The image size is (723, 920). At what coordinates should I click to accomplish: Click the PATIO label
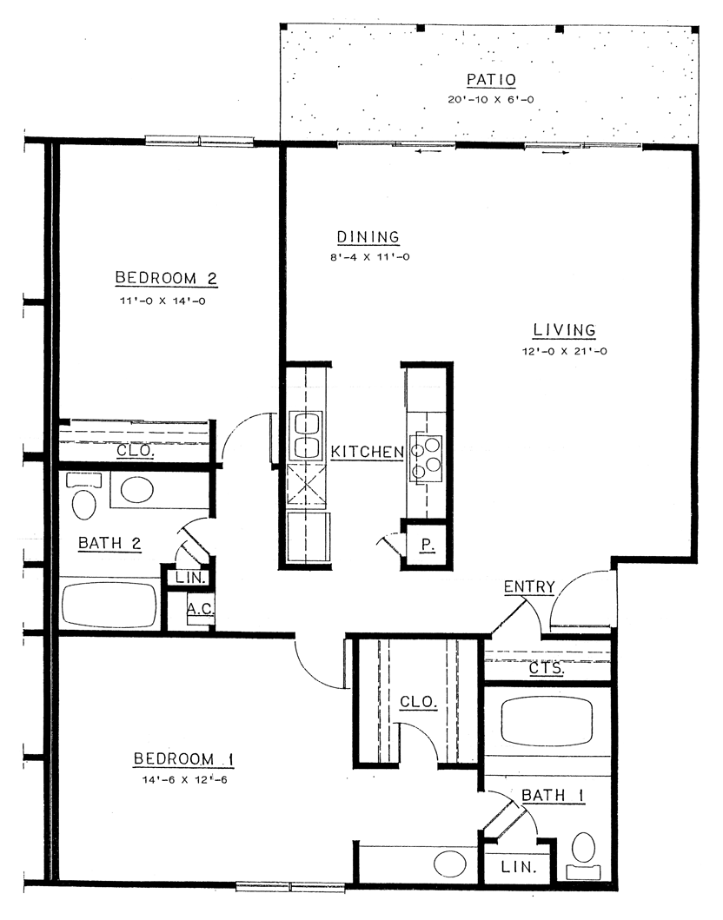491,79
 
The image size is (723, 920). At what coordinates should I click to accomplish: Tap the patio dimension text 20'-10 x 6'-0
491,99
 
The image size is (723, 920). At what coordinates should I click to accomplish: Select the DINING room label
368,236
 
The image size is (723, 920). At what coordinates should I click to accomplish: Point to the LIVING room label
565,330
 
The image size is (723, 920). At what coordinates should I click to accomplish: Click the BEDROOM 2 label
166,277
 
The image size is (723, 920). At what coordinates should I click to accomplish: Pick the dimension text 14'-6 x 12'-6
183,780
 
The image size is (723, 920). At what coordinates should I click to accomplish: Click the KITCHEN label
368,452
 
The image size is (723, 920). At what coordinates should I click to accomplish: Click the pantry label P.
428,545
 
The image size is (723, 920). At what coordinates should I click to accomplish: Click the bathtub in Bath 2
109,605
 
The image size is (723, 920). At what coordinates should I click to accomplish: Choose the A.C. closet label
201,608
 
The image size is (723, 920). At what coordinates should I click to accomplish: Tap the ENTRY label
529,586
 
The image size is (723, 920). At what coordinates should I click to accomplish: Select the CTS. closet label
547,668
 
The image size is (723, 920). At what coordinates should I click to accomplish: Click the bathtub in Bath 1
547,720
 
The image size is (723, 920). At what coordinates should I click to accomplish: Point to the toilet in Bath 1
583,855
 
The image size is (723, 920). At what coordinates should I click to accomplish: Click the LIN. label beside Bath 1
519,867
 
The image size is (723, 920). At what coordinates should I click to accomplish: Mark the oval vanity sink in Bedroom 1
450,864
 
